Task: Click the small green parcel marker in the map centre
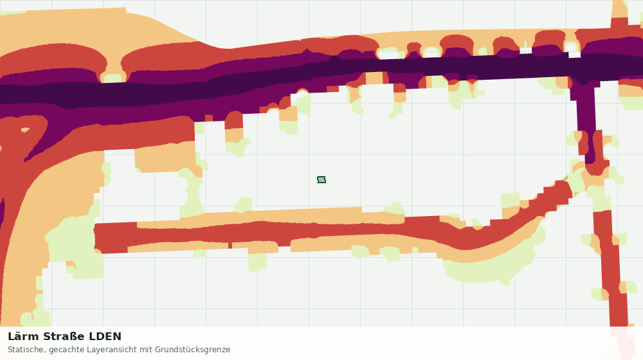click(321, 179)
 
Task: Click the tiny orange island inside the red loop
click(25, 130)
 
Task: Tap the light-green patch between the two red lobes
click(114, 78)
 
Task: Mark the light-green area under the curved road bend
click(488, 269)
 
